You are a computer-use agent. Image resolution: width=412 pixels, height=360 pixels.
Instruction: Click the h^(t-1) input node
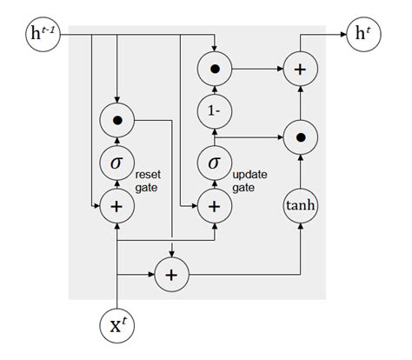(x=43, y=35)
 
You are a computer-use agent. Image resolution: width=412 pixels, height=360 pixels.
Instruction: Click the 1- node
(x=214, y=112)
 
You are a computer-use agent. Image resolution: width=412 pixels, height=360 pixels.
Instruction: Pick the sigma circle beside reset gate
(x=116, y=163)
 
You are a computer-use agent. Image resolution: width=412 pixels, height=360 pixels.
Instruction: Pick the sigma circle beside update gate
(x=214, y=163)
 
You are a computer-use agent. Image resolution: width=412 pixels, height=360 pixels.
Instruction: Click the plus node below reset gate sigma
(x=116, y=206)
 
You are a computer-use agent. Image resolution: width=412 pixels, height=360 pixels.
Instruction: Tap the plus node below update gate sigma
(x=214, y=206)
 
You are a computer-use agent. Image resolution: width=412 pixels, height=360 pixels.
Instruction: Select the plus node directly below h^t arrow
(x=300, y=69)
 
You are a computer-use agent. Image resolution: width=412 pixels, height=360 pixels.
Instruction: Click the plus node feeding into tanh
(x=171, y=276)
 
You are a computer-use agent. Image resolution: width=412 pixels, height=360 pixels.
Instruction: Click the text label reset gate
(x=150, y=181)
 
